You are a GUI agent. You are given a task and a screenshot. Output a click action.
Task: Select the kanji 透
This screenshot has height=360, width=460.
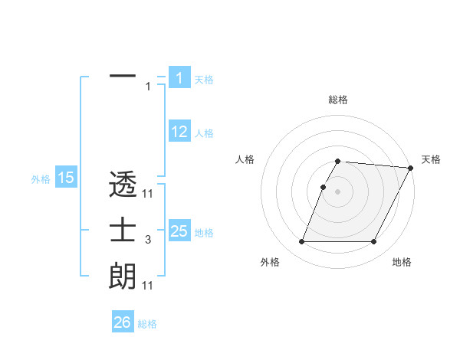point(123,185)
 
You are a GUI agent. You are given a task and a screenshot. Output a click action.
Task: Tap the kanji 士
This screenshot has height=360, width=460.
point(123,231)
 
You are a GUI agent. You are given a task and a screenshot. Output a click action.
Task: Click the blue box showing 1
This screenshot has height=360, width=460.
point(179,77)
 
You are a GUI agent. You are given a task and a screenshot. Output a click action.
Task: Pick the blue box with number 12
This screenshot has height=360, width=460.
point(179,132)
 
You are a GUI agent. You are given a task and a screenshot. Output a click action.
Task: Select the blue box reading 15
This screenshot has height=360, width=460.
point(65,178)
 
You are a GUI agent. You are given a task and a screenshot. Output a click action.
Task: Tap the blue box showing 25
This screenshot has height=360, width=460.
point(179,231)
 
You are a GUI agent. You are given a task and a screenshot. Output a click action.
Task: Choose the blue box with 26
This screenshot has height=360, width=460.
point(122,322)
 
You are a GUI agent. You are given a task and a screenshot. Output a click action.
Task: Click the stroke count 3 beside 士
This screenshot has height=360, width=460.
point(147,241)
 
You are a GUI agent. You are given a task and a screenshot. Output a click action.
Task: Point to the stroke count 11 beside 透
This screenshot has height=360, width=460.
point(148,195)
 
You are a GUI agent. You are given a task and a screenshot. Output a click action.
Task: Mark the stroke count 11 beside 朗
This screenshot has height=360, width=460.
point(148,286)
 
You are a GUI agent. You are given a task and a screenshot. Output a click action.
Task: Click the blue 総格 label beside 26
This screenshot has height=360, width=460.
point(147,324)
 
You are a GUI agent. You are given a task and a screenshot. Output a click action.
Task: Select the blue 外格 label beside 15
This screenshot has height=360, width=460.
point(41,179)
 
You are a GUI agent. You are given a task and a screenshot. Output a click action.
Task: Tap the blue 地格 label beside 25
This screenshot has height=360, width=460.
point(204,233)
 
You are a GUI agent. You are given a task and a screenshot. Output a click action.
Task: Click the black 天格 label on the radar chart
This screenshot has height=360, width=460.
point(431,159)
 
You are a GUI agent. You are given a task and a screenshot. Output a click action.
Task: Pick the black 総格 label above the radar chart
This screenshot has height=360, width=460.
point(338,100)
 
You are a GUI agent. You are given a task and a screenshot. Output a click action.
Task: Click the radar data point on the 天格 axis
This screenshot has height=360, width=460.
point(411,168)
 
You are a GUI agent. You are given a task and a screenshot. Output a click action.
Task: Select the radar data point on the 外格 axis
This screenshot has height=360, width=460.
point(301,242)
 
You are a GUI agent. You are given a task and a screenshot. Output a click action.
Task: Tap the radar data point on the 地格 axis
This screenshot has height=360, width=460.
point(374,242)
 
